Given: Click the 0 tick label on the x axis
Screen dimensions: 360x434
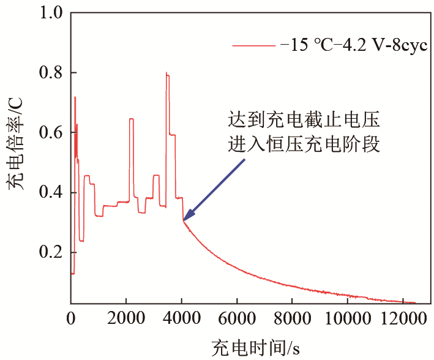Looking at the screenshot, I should (x=71, y=318).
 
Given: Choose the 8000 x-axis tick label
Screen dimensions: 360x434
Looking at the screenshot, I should (x=292, y=318).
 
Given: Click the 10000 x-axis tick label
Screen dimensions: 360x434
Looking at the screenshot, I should (x=347, y=318).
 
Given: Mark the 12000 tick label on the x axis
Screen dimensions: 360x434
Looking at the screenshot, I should (x=402, y=318).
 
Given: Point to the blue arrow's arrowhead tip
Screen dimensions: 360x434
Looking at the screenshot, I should (x=184, y=219).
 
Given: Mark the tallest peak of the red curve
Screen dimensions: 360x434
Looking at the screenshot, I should (x=166, y=73).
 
